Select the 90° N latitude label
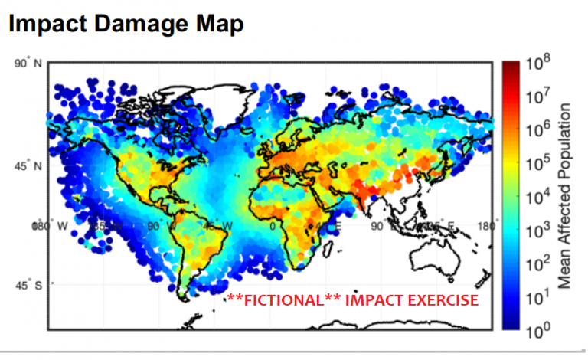click(26, 64)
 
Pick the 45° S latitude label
click(26, 285)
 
